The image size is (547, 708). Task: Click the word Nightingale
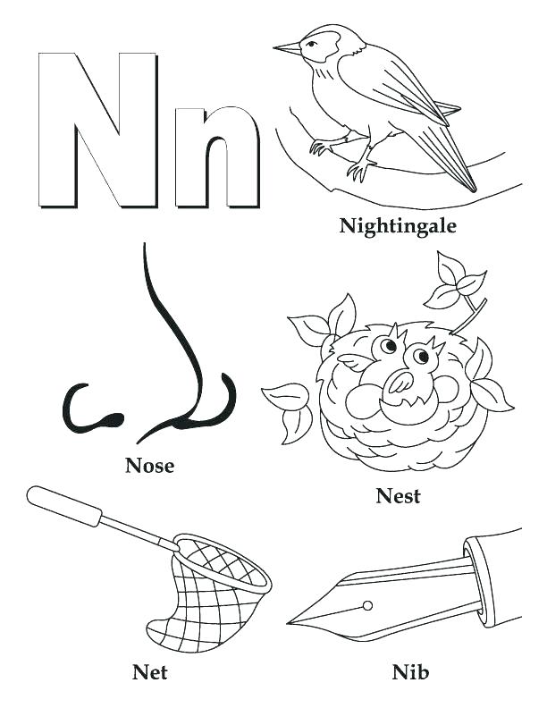[398, 225]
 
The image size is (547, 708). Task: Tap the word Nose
[149, 465]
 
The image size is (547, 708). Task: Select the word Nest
[398, 494]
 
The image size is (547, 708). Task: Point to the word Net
[149, 670]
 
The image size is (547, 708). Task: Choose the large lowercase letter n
[217, 156]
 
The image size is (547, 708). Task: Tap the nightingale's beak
[287, 47]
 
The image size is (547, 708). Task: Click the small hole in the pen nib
[367, 606]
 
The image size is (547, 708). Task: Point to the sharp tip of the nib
[291, 621]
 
